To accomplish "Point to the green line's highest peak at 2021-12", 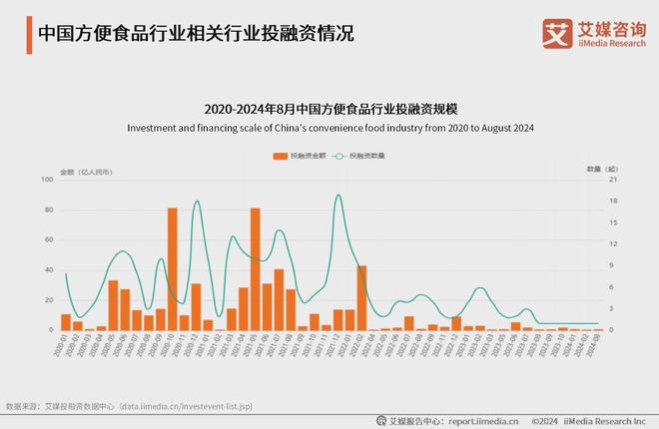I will pos(338,195).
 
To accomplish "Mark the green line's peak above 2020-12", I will pos(197,202).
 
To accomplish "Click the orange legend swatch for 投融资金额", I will pos(280,157).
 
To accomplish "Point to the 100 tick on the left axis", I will pos(46,180).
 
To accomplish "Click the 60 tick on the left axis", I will pos(47,239).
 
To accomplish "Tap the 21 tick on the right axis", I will pos(612,180).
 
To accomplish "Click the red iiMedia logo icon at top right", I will pos(556,32).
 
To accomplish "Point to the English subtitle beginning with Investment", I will pos(329,128).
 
